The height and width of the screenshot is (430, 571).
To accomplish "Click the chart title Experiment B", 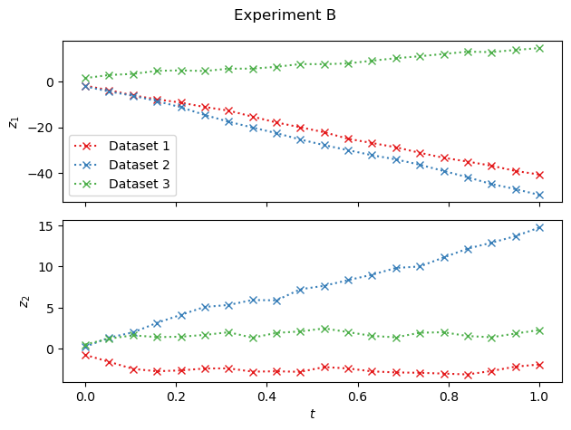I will (x=285, y=15).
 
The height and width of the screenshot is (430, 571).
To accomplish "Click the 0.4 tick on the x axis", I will (x=266, y=396).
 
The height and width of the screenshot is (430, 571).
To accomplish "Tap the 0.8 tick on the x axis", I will (x=449, y=396).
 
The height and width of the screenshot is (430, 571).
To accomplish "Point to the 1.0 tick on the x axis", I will (x=539, y=396).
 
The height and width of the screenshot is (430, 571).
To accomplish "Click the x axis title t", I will (x=312, y=414).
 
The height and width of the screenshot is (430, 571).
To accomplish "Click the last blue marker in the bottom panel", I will (x=539, y=228).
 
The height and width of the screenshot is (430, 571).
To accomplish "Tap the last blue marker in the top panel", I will (x=539, y=195).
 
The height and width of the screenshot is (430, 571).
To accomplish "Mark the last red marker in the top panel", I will (x=539, y=175).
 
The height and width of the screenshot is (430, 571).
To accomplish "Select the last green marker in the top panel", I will (x=539, y=48).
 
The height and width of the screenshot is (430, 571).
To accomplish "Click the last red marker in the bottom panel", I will (x=539, y=365).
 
